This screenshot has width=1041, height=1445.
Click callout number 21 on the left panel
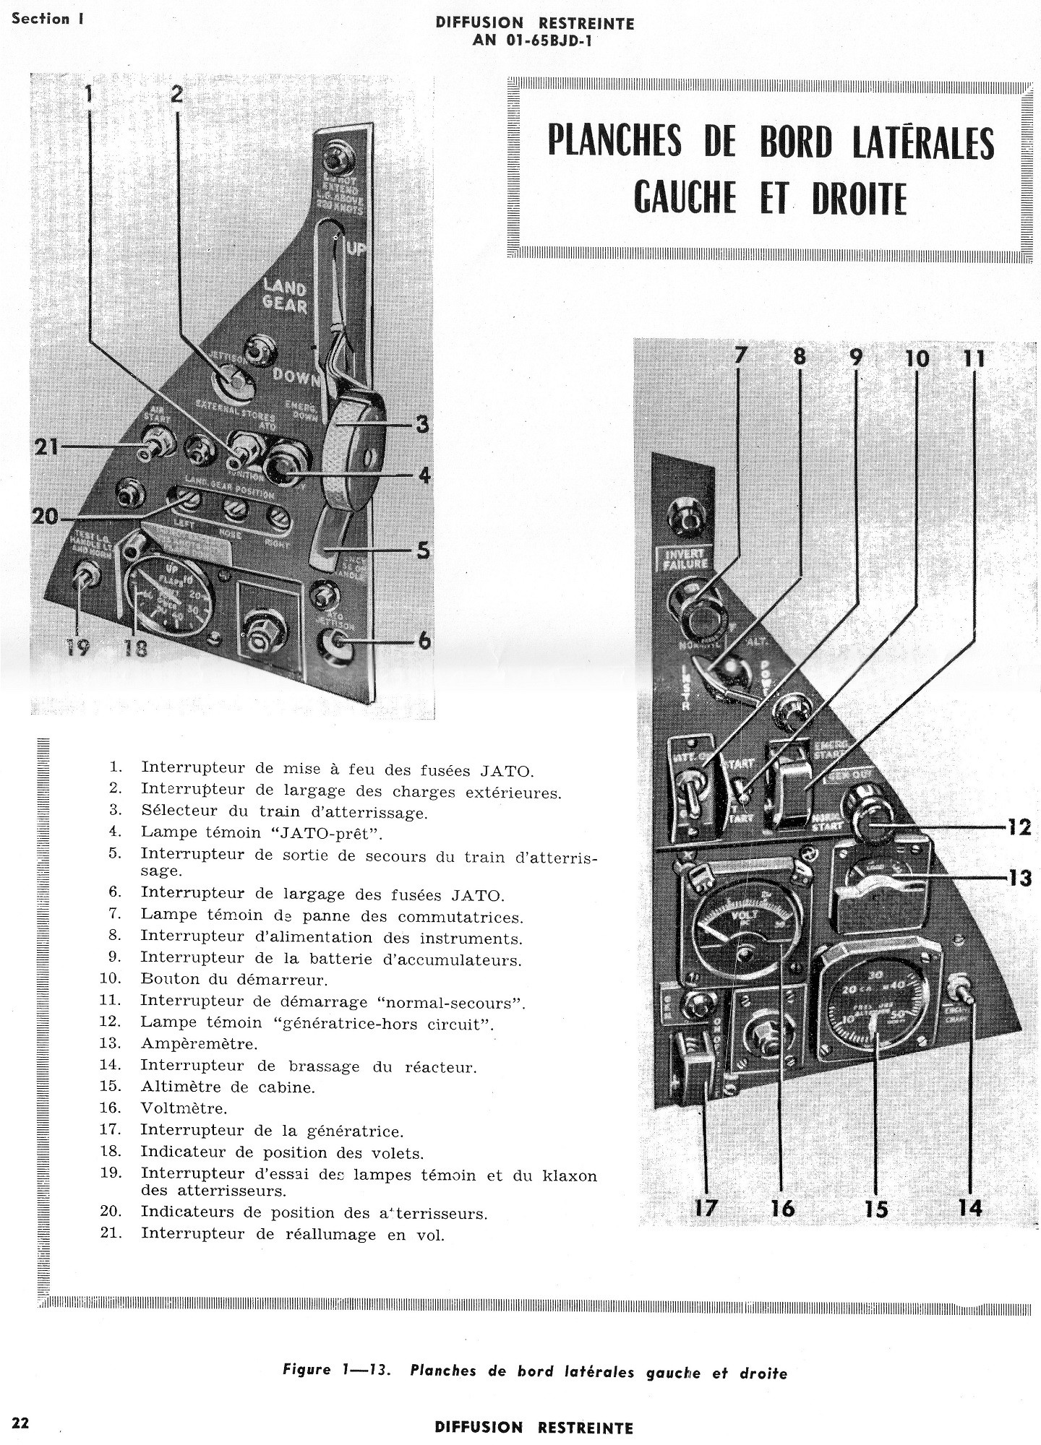[x=46, y=448]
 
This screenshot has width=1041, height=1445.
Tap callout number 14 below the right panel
[x=970, y=1207]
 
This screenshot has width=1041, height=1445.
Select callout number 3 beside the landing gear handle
[x=421, y=425]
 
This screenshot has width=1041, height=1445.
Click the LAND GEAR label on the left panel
[x=285, y=296]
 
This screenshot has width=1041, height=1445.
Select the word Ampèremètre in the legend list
[x=199, y=1044]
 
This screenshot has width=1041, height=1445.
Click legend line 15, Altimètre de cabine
[x=228, y=1087]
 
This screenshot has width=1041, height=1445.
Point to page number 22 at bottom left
[x=20, y=1423]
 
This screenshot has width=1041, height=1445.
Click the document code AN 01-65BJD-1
[x=534, y=40]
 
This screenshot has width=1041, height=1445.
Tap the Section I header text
[x=48, y=19]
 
